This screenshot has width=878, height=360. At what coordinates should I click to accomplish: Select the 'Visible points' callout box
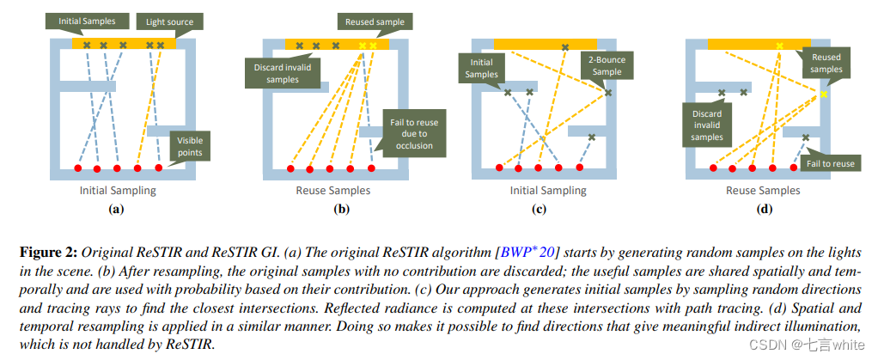[191, 146]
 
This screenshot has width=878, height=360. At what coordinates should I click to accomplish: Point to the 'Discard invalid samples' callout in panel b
[277, 72]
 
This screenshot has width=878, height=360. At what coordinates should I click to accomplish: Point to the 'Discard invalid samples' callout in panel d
[707, 125]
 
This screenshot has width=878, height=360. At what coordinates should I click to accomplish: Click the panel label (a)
[118, 208]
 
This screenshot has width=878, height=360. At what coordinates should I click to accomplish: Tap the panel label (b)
[332, 208]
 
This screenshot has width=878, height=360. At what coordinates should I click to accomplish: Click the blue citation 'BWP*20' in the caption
[534, 252]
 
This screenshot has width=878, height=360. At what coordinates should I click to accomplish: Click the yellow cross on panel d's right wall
[823, 95]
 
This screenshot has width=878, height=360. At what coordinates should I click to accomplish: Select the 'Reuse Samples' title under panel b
[332, 191]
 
